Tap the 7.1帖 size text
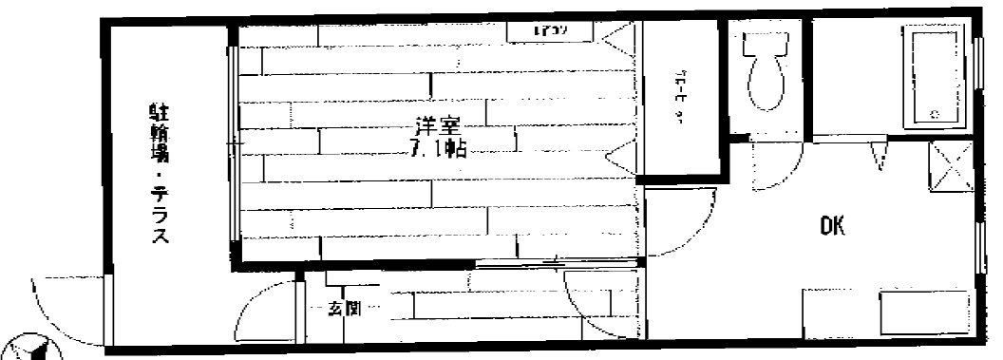tap(438, 148)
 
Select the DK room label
tap(831, 227)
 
